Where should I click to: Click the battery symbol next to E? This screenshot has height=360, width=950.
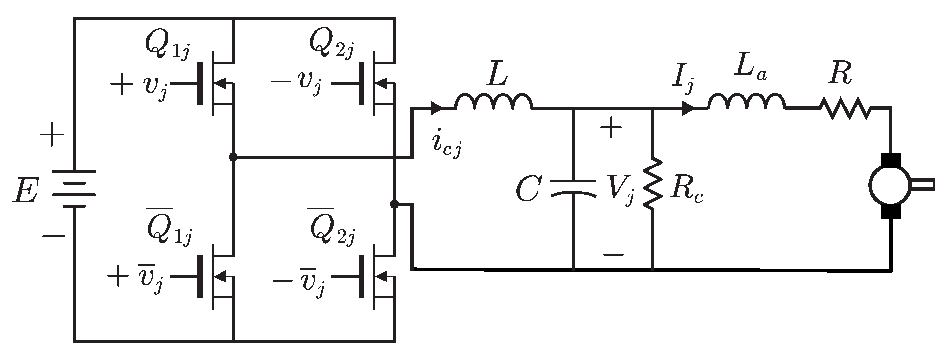click(74, 189)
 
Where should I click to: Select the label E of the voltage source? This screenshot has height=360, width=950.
click(25, 190)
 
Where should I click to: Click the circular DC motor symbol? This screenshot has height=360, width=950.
click(890, 185)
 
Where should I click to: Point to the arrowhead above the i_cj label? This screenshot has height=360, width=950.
click(436, 108)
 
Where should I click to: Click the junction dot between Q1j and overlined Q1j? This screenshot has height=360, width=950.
click(233, 157)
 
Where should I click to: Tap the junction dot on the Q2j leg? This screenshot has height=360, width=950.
click(394, 204)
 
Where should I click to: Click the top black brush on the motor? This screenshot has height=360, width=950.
click(891, 160)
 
